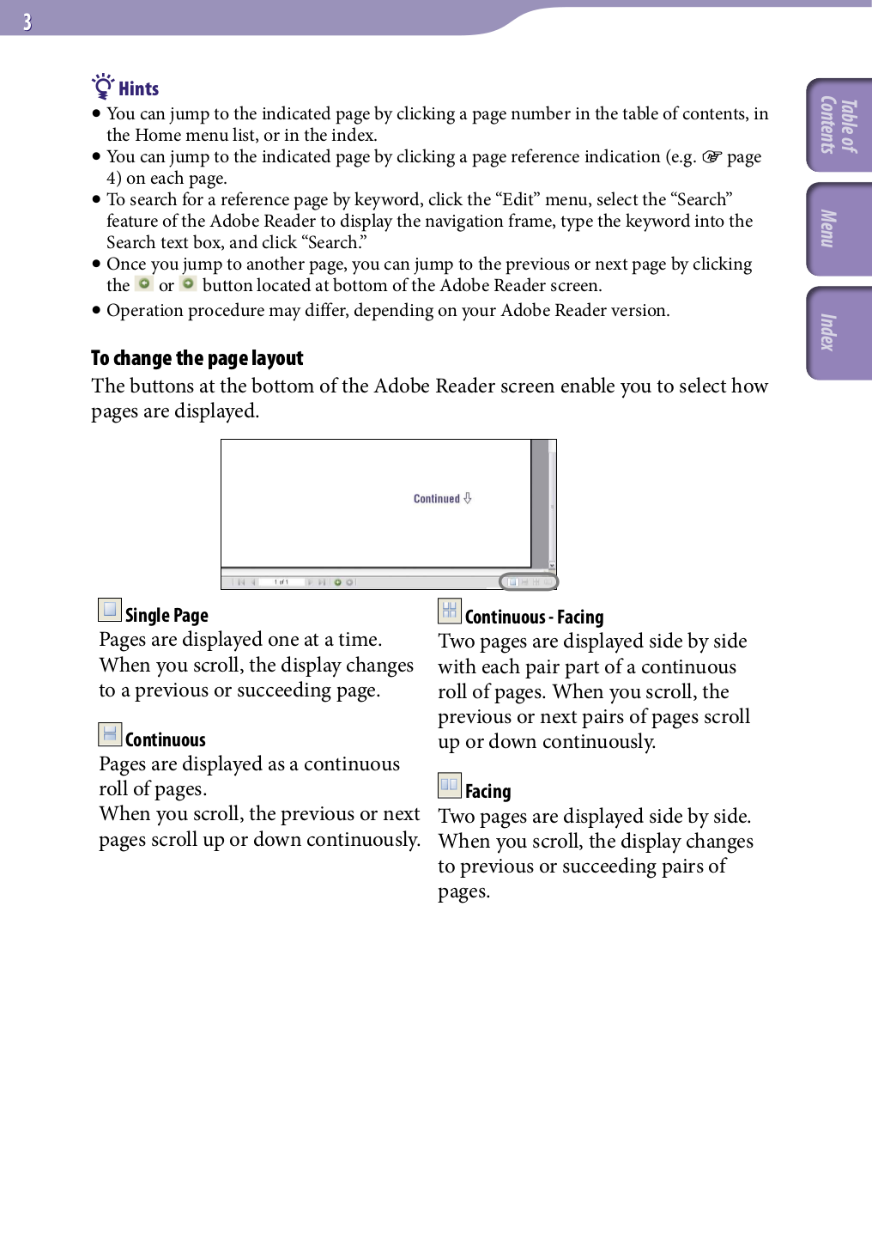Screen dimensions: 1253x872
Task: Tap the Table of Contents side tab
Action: coord(839,125)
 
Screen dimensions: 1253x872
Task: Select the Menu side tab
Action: coord(839,229)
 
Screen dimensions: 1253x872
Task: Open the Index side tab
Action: coord(839,332)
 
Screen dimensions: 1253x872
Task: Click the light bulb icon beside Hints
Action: coord(103,87)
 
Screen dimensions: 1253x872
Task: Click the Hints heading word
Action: coord(138,89)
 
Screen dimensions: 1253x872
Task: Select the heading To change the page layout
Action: coord(197,358)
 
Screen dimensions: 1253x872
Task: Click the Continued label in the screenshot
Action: coord(437,499)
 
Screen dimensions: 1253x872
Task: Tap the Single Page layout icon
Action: coord(109,610)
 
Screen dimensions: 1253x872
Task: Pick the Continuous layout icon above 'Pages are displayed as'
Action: coord(109,734)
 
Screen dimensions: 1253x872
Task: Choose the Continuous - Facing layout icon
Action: coord(449,611)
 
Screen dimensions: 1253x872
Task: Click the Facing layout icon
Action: coord(449,785)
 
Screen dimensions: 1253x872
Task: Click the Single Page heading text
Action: coord(167,616)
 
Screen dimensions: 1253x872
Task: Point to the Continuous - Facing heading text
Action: coord(534,617)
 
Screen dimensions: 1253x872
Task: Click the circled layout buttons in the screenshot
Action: coord(529,582)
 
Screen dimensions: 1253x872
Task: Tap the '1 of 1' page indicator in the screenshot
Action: coord(281,582)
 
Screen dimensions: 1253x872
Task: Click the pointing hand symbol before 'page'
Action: coord(712,157)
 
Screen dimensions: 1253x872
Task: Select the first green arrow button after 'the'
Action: coord(144,283)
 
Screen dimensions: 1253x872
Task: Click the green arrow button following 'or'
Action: coord(188,283)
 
